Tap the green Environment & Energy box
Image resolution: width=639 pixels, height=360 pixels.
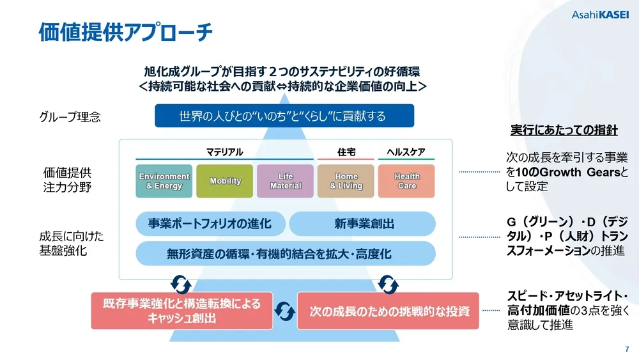(164, 181)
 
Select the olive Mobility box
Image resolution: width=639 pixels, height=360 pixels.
(225, 181)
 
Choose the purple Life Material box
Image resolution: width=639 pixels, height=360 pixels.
(285, 181)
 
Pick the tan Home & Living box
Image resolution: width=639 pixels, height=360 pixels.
(346, 181)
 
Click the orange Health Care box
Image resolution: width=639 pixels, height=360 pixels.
(406, 181)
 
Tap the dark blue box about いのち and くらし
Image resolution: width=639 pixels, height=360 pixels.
(284, 116)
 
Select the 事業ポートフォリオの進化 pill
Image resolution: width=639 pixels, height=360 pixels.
(210, 224)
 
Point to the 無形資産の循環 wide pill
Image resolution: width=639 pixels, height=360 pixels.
(286, 254)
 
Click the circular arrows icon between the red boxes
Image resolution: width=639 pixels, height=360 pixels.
(284, 311)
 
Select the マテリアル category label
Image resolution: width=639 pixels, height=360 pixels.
(224, 152)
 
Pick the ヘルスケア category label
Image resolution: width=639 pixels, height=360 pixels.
(406, 152)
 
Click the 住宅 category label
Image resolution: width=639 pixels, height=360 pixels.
(346, 152)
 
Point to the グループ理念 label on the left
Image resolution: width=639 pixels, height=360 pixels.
(70, 117)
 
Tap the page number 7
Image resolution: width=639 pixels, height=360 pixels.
(626, 349)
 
